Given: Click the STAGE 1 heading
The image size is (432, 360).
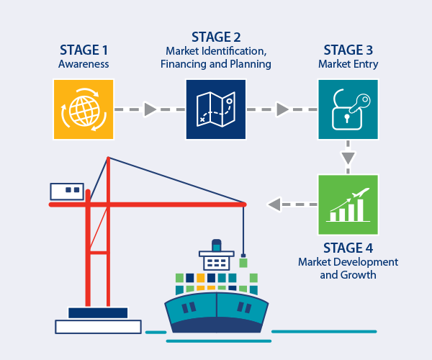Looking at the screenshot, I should click(x=84, y=51).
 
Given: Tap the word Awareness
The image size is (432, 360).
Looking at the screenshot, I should click(x=84, y=64).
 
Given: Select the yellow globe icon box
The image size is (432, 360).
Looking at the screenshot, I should click(x=84, y=109).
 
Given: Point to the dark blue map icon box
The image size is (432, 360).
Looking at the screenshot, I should click(x=216, y=109).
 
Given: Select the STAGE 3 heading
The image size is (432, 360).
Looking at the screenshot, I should click(x=348, y=51).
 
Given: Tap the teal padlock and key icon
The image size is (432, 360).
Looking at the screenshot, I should click(x=348, y=109).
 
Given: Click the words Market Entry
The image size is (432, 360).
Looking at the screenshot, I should click(x=348, y=64).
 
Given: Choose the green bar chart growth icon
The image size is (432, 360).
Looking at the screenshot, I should click(x=348, y=204).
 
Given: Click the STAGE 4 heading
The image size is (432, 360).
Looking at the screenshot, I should click(x=348, y=248).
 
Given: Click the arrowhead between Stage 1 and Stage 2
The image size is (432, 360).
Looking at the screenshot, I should click(x=150, y=109).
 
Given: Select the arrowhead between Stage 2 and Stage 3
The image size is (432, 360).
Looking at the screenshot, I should click(x=282, y=109).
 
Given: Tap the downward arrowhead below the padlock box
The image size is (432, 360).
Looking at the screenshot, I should click(x=348, y=157).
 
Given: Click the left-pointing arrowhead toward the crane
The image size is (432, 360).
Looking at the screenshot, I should click(x=274, y=204).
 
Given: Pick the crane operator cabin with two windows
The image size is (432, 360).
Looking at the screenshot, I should click(x=67, y=191).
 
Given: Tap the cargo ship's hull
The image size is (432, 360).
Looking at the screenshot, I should click(x=216, y=313).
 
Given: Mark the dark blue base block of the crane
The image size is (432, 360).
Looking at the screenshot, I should click(x=98, y=312).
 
